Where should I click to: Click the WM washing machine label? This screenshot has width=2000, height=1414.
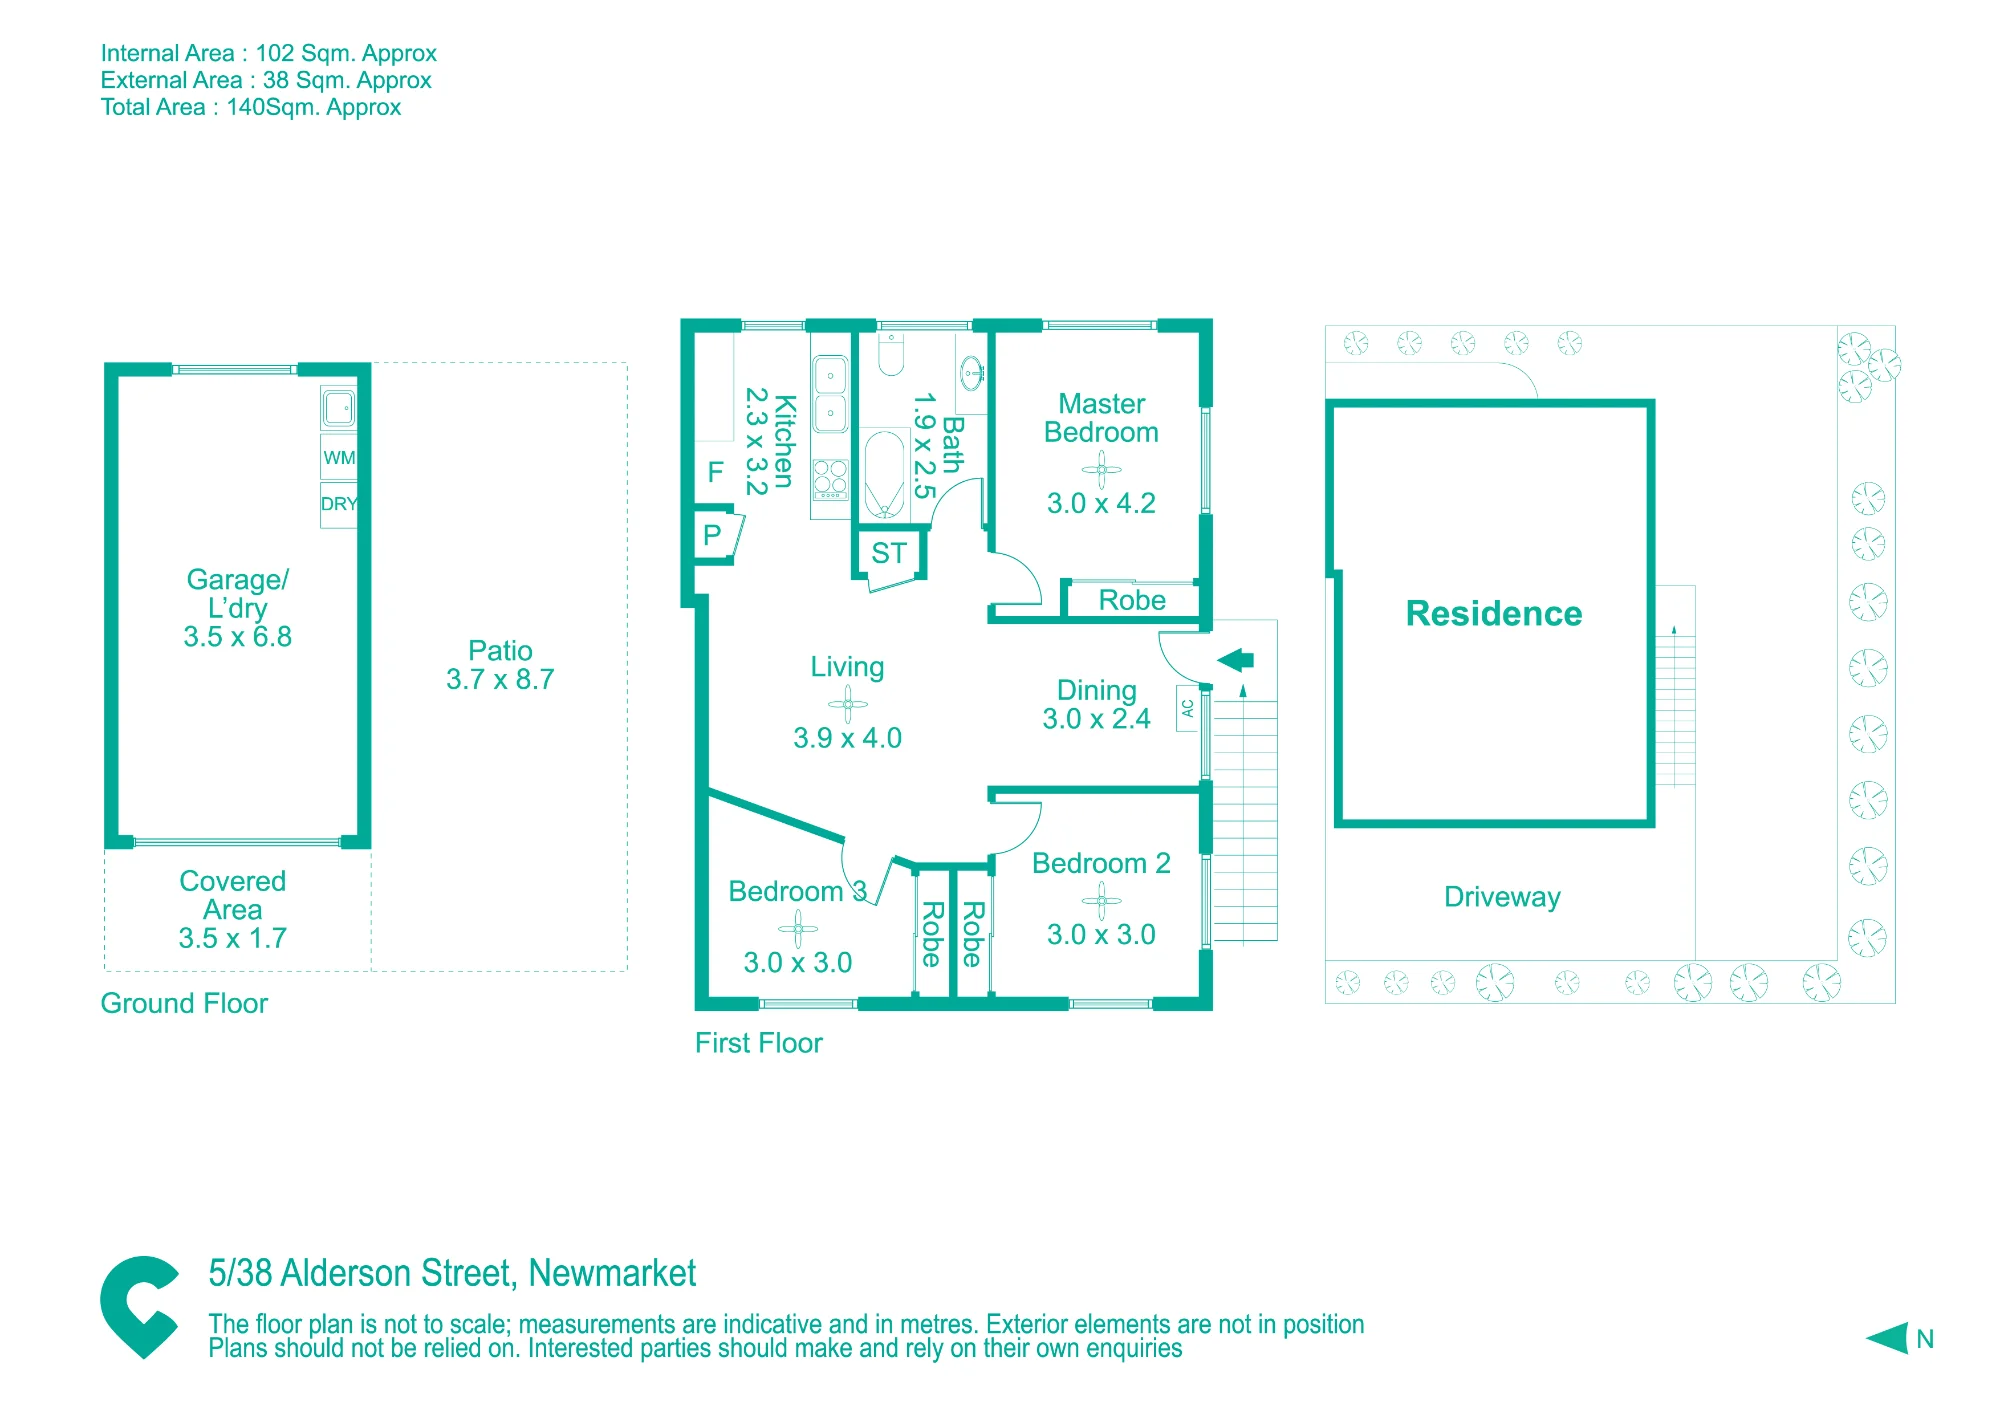click(x=339, y=458)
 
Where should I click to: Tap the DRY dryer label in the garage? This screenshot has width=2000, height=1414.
click(x=339, y=504)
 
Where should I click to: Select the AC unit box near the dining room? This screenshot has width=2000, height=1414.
click(x=1188, y=708)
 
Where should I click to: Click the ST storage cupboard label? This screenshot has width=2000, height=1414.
click(x=889, y=553)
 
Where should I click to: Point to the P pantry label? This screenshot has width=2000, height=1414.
click(x=712, y=535)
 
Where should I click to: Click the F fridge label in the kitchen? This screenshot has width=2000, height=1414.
click(x=715, y=472)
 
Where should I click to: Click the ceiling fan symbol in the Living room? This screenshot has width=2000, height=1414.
click(x=848, y=704)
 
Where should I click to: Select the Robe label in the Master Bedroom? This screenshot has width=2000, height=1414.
click(x=1132, y=600)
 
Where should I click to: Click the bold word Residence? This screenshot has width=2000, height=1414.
click(x=1494, y=613)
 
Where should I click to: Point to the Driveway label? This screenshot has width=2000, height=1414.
click(x=1502, y=897)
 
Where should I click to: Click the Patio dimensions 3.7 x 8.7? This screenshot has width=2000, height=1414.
click(x=500, y=680)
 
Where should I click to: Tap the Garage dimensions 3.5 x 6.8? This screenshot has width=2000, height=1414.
click(x=238, y=637)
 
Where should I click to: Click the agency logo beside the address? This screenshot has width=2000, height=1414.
click(x=139, y=1307)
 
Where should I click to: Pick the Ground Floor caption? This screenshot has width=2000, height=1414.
click(x=184, y=1003)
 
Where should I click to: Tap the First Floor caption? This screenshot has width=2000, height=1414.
click(x=759, y=1043)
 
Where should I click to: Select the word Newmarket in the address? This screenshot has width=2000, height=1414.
click(x=612, y=1273)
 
